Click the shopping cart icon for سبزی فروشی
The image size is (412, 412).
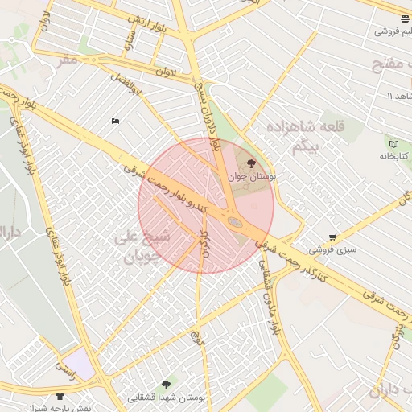(x=332, y=237)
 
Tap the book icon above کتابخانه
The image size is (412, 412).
(x=393, y=143)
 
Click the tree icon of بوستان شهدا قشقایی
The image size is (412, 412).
(x=167, y=385)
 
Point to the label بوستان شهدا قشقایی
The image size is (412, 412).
(x=167, y=398)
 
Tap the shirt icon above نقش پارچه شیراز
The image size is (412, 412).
(x=60, y=396)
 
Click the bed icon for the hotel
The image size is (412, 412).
(x=115, y=122)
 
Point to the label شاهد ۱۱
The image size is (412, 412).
(x=379, y=96)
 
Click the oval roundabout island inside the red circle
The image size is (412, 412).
(x=235, y=221)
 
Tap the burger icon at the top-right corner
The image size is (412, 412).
(x=404, y=19)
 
